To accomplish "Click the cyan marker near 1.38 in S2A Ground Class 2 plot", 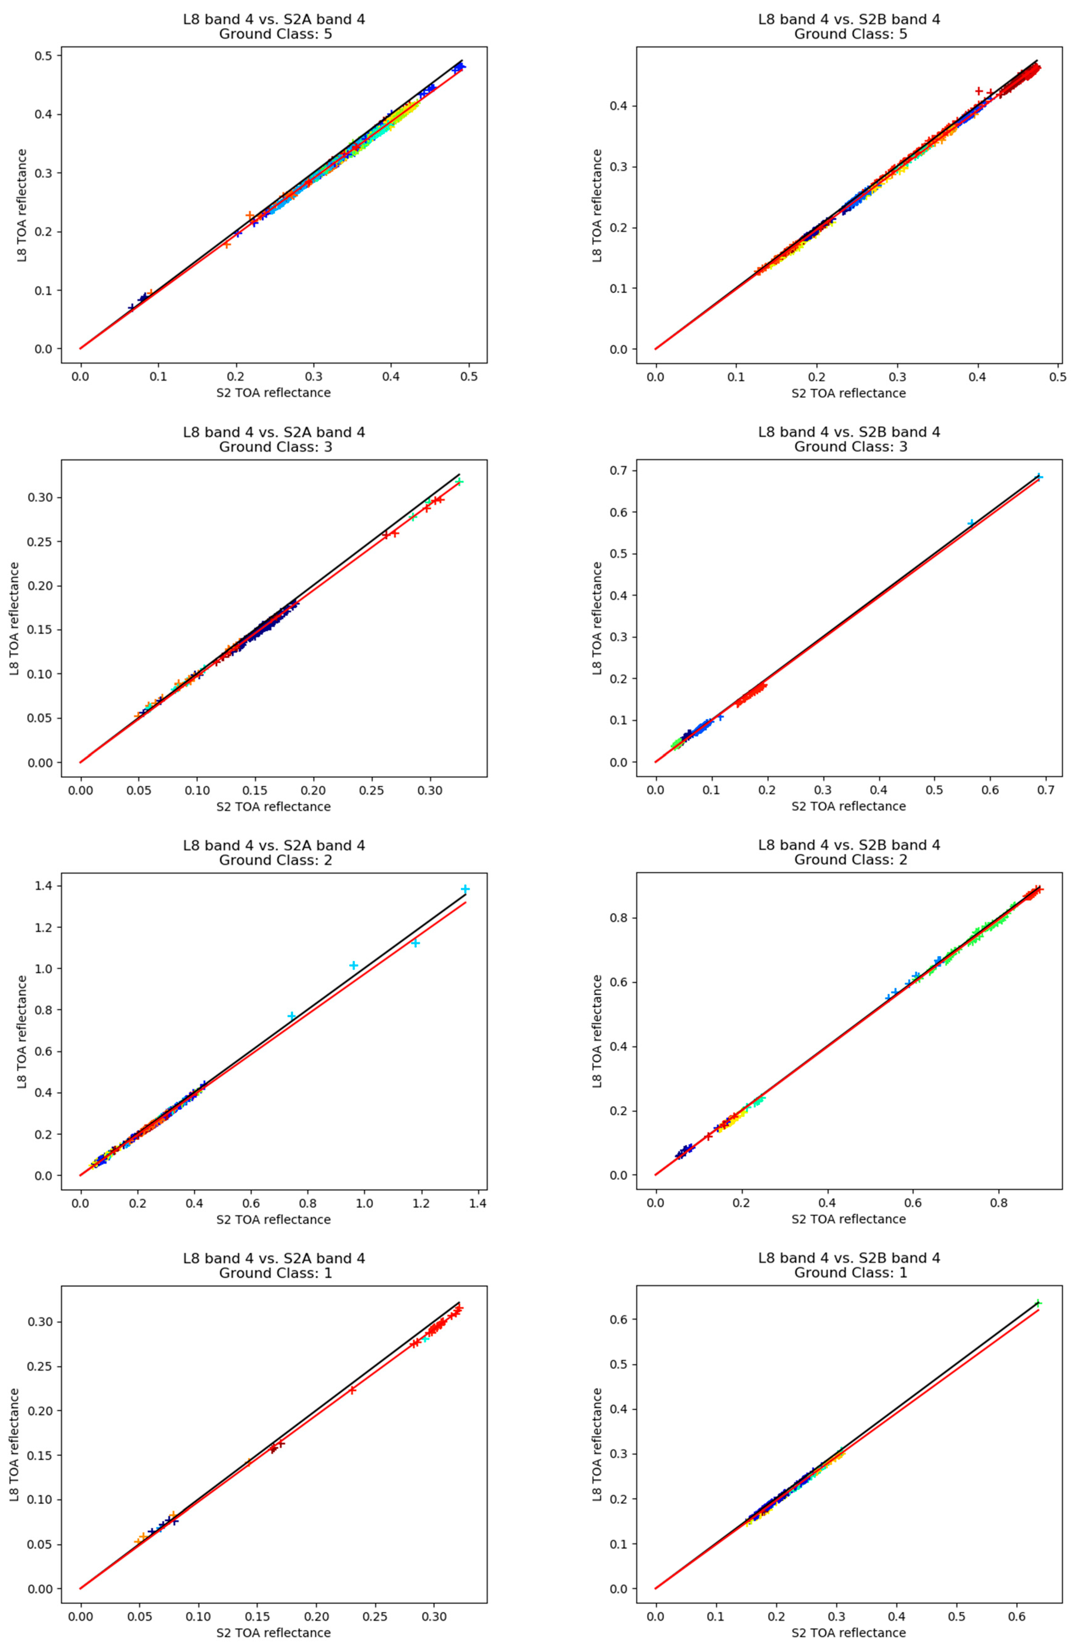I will [465, 889].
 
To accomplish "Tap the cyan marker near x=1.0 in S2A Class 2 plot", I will [354, 965].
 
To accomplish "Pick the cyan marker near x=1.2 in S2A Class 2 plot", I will [416, 943].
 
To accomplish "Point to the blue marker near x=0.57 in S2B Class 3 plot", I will [971, 523].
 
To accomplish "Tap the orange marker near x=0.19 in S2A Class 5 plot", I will [227, 244].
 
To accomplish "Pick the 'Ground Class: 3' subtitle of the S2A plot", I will [275, 447].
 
